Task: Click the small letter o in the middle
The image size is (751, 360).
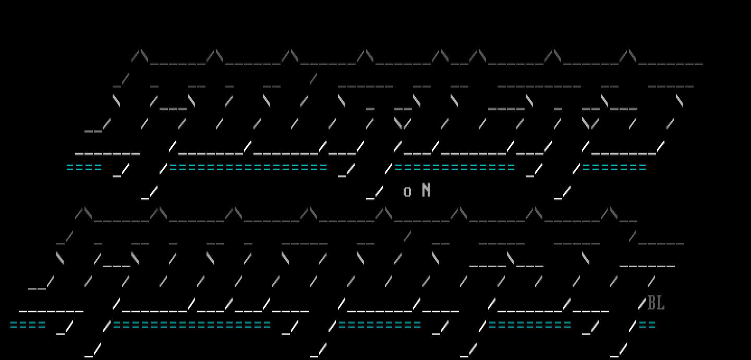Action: (407, 192)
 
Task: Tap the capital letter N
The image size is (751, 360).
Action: (426, 190)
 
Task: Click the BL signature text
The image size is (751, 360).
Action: (656, 303)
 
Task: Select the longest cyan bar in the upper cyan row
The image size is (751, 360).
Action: (248, 167)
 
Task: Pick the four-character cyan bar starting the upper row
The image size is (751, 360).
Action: (84, 167)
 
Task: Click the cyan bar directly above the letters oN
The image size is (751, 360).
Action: (454, 167)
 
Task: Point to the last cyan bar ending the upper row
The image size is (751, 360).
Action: (614, 167)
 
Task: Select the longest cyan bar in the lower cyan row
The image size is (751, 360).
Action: (192, 325)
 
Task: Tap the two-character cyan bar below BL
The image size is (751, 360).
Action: (647, 325)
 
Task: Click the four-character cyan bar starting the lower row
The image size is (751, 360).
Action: (28, 325)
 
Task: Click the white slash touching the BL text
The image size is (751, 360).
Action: (642, 304)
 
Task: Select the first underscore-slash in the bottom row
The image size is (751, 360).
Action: (93, 349)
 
